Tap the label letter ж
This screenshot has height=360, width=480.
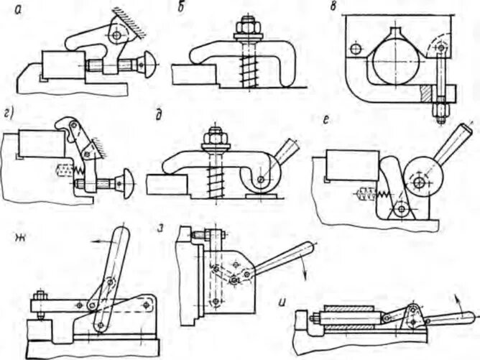(x=16, y=236)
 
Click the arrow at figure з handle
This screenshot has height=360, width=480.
(x=307, y=267)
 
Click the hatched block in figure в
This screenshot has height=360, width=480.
(x=427, y=93)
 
